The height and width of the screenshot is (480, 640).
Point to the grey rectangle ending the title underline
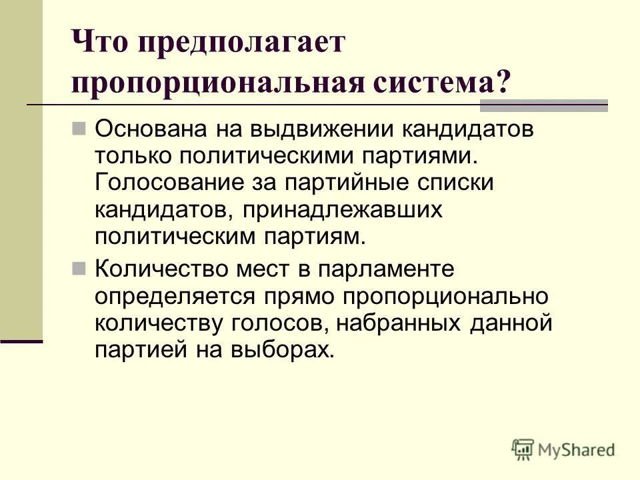[544, 105]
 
